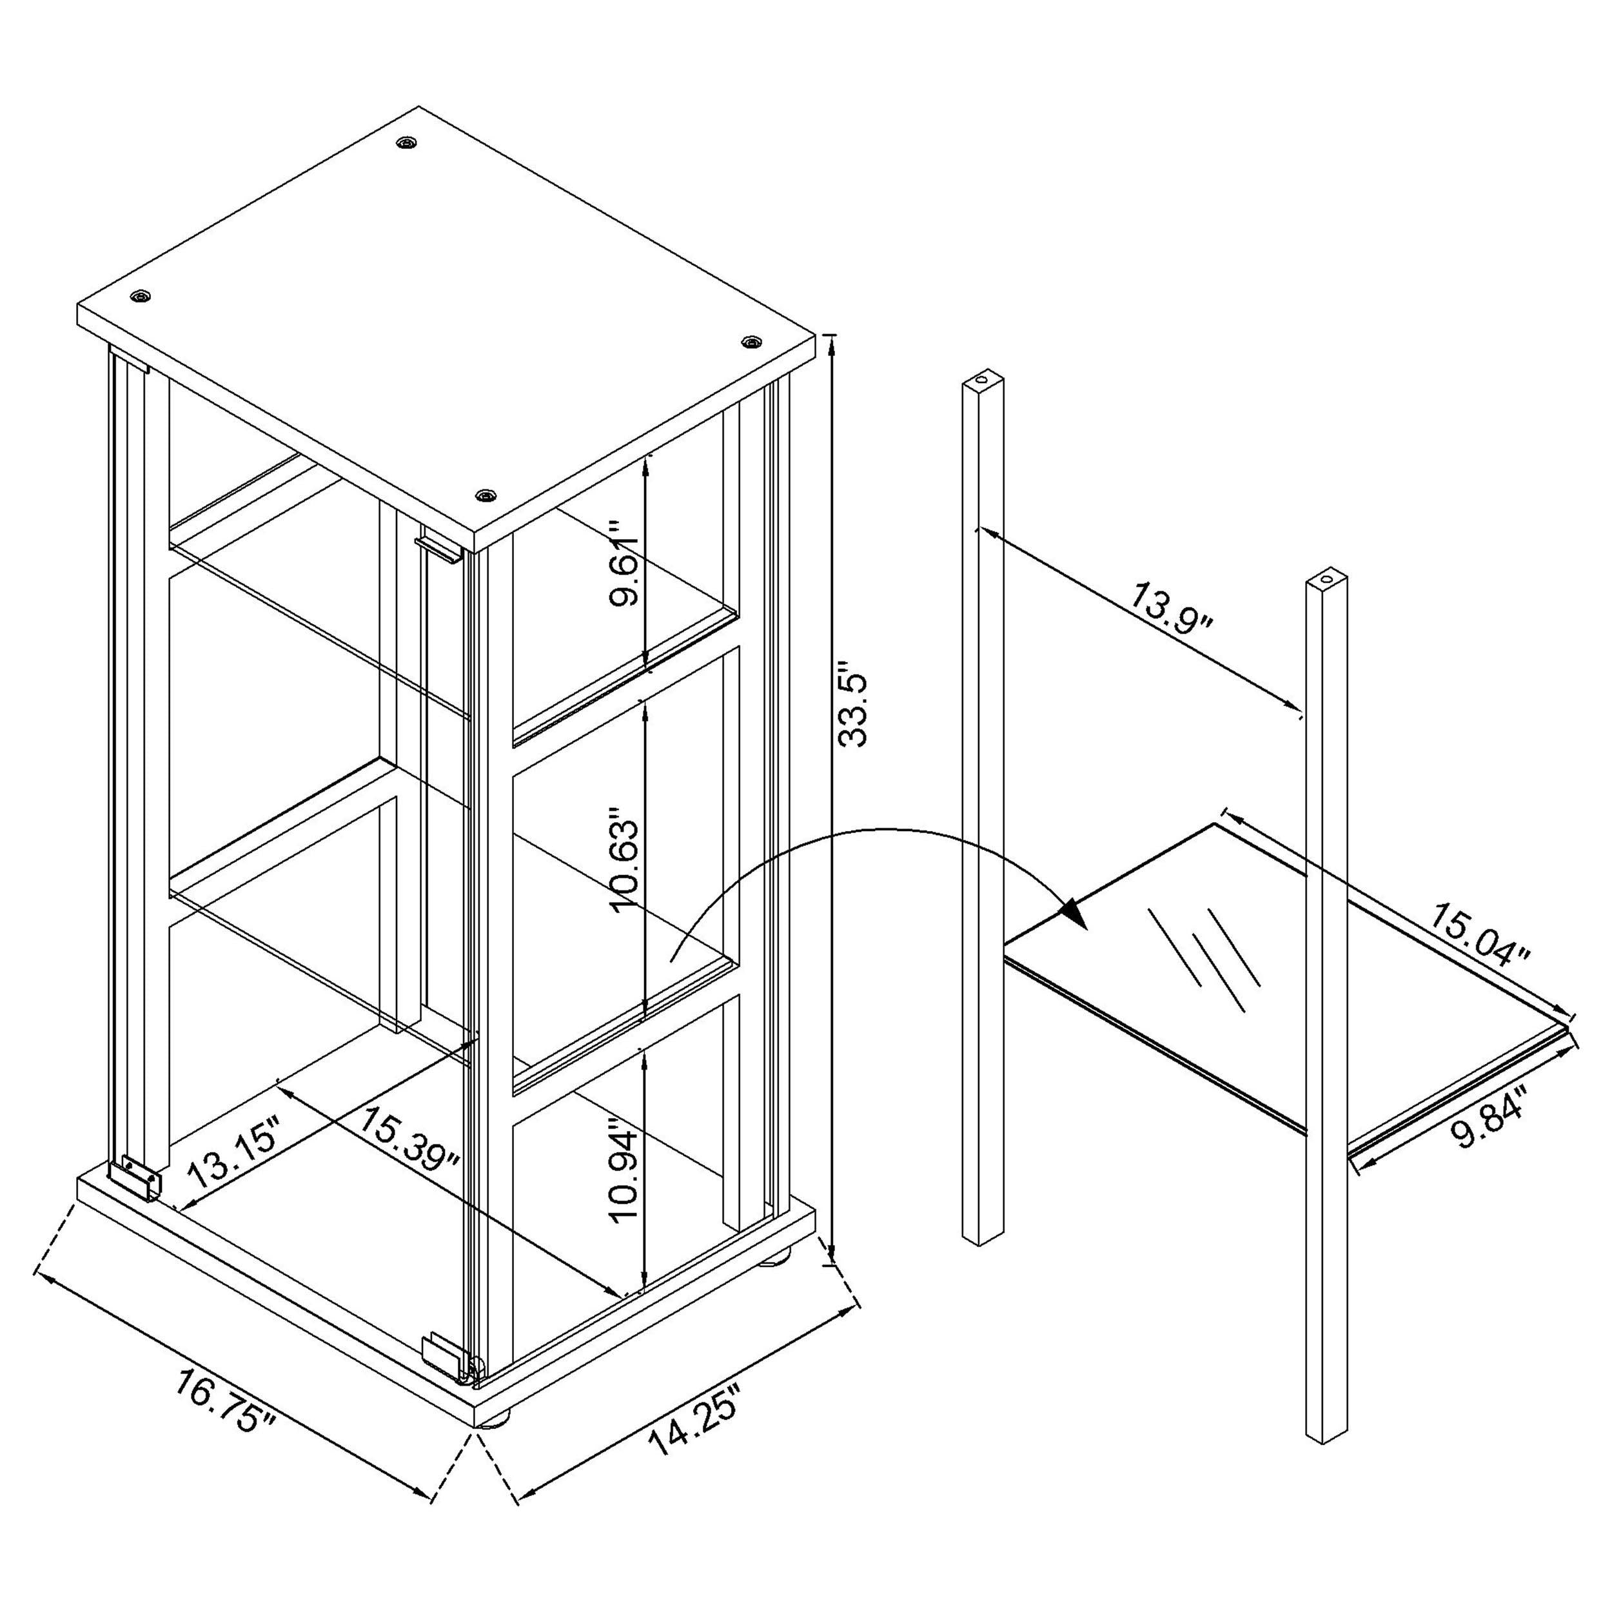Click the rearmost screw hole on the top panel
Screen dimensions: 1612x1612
(406, 143)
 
